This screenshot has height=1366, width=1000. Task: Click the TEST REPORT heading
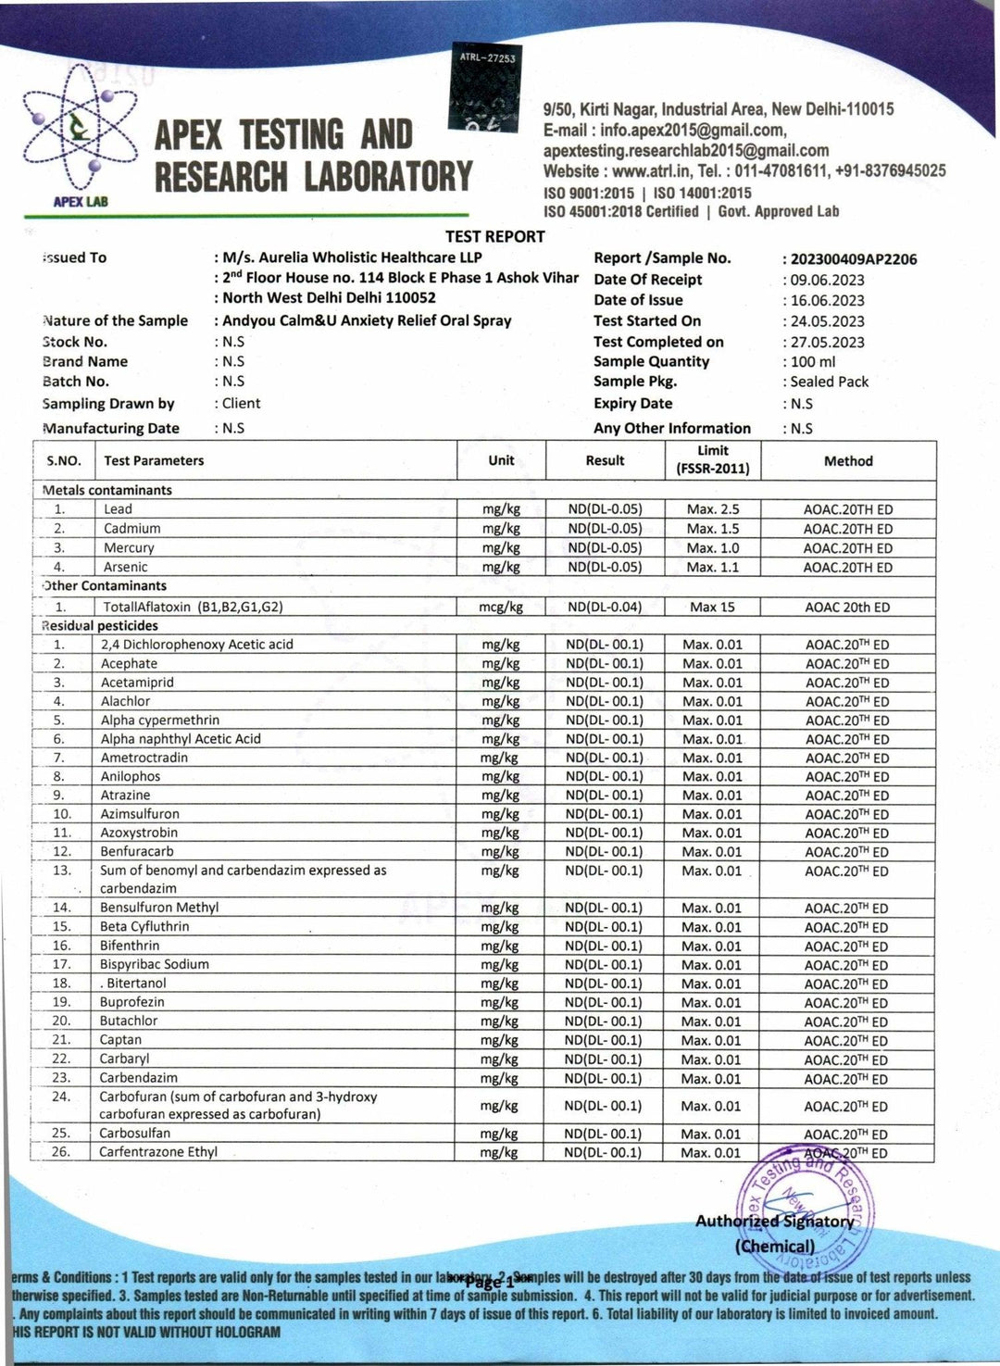point(494,236)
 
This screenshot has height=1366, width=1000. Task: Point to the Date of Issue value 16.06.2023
point(827,300)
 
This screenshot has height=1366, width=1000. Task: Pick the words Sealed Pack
point(829,382)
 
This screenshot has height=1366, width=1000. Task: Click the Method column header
point(848,460)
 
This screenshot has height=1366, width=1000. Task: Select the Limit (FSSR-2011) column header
point(712,459)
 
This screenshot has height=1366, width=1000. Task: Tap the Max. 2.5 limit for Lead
point(712,509)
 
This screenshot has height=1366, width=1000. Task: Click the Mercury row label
point(129,548)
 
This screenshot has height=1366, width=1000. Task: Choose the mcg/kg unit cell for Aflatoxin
point(501,608)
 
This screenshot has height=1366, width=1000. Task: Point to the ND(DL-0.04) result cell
point(605,608)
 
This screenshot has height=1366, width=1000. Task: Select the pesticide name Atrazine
point(125,796)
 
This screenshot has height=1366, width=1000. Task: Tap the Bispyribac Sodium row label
point(155,964)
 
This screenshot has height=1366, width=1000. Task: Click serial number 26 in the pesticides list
point(61,1152)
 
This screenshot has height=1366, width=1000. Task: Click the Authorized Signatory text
point(775,1222)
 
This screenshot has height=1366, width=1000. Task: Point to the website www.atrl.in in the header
point(647,171)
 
